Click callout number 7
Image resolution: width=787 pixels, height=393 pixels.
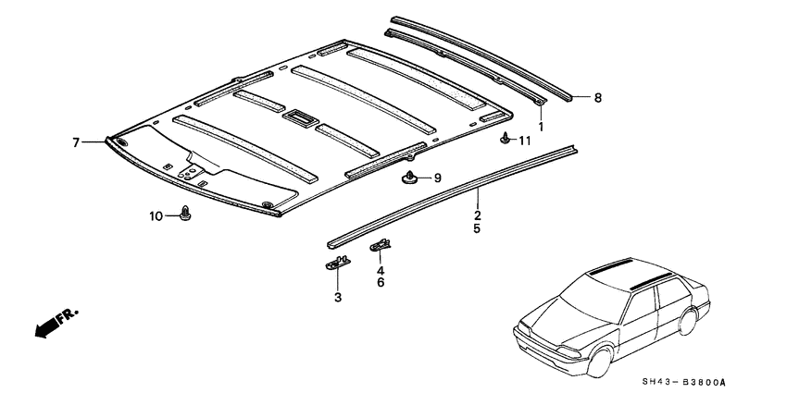click(77, 141)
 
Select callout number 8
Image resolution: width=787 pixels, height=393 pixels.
click(597, 97)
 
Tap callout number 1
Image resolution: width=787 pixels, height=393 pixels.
click(542, 124)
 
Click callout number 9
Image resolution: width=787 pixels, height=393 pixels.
click(438, 177)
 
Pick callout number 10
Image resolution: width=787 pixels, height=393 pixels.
click(156, 215)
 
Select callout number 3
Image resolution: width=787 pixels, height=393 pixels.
click(338, 297)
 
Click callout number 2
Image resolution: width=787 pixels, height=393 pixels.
click(477, 212)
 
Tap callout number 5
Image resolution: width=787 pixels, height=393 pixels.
click(477, 227)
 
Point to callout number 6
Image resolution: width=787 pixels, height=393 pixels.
click(380, 283)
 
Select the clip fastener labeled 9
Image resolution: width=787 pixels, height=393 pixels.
click(409, 175)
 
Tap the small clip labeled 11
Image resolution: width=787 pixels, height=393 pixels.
click(505, 140)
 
